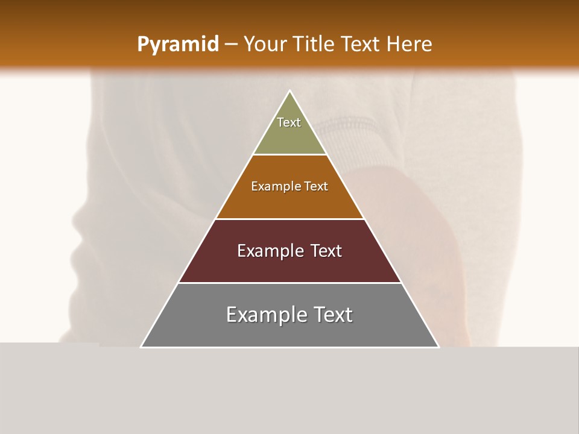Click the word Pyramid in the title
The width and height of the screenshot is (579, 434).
tap(177, 45)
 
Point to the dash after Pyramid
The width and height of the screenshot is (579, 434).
tap(230, 45)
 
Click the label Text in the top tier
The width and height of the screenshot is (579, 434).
tap(289, 122)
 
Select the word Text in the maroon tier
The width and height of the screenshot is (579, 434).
tap(326, 251)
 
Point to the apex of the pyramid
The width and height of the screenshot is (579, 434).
tap(289, 91)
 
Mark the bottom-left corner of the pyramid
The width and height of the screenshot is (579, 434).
tap(141, 347)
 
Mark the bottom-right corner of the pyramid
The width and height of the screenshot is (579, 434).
tap(438, 347)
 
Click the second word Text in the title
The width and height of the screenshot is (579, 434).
tap(361, 45)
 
